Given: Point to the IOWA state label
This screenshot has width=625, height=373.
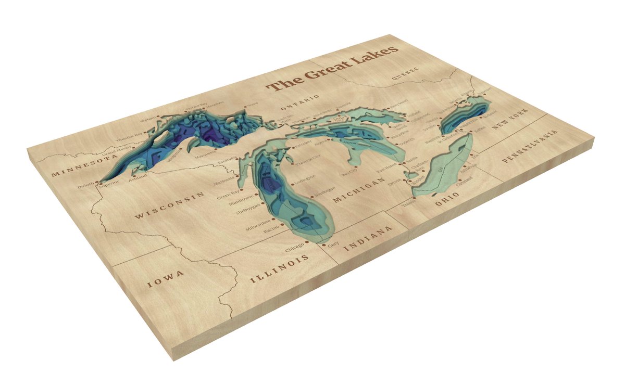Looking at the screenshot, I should [165, 278].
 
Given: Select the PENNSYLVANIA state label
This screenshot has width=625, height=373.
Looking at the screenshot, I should [531, 148].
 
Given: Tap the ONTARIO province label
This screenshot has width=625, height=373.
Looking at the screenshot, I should [299, 102].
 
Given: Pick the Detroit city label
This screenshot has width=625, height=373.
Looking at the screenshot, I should [397, 182].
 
